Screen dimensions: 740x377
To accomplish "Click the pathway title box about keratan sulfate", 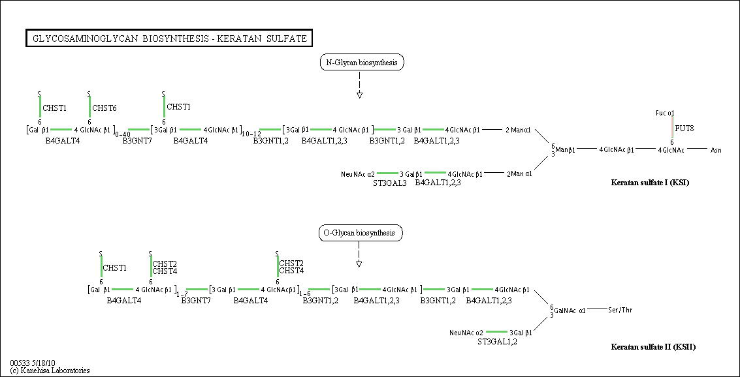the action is pyautogui.click(x=170, y=38).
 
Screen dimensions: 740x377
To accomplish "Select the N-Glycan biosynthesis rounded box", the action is pyautogui.click(x=362, y=62).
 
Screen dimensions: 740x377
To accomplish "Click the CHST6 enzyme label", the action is pyautogui.click(x=105, y=108).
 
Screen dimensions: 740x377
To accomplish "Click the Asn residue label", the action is pyautogui.click(x=715, y=150).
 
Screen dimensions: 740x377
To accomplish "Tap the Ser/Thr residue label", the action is pyautogui.click(x=619, y=310).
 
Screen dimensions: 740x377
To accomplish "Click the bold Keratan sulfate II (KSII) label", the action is pyautogui.click(x=653, y=348).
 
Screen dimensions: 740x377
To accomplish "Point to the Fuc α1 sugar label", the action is pyautogui.click(x=665, y=113).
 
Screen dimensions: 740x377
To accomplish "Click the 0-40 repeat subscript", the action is pyautogui.click(x=122, y=134).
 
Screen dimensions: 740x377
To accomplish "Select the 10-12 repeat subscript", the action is pyautogui.click(x=250, y=134).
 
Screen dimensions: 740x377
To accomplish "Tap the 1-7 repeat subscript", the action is pyautogui.click(x=182, y=294).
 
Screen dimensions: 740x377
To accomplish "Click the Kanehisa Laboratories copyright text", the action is pyautogui.click(x=50, y=370).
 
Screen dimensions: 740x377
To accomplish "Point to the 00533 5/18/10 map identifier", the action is pyautogui.click(x=32, y=363).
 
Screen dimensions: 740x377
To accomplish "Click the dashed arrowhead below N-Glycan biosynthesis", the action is pyautogui.click(x=360, y=95).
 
